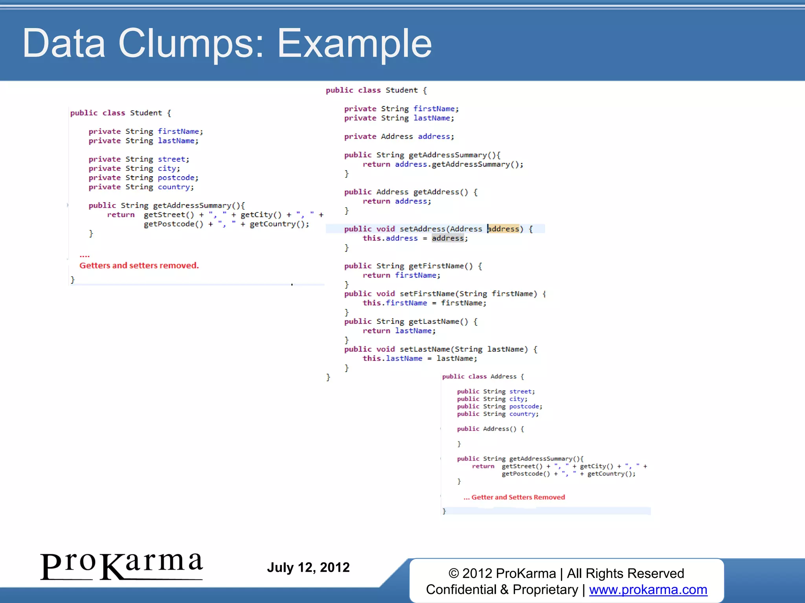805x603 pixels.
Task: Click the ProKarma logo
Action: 121,566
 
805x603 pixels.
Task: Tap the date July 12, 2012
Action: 308,567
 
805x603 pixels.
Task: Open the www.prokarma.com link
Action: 648,590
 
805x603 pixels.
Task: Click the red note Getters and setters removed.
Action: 139,265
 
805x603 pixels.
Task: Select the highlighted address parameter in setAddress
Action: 504,229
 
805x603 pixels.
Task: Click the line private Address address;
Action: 399,137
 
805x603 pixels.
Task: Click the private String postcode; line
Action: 143,178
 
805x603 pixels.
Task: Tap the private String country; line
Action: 141,187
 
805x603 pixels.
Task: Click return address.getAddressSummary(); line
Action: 443,164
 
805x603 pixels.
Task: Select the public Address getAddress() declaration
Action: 411,192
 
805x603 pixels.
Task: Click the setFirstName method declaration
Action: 445,294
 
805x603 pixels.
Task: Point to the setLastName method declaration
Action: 440,349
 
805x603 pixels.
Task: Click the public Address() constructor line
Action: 490,429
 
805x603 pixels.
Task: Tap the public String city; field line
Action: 492,399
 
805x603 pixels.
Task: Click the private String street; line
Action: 139,159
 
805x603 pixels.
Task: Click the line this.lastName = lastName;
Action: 420,358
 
